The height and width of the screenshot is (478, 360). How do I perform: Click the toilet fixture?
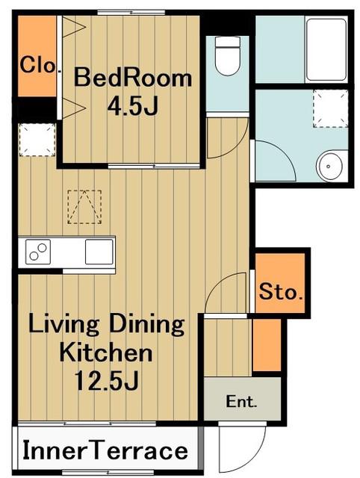pyautogui.click(x=227, y=55)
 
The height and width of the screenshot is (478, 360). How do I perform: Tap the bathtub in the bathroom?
pyautogui.click(x=326, y=49)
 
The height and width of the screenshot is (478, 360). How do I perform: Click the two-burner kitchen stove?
pyautogui.click(x=38, y=252)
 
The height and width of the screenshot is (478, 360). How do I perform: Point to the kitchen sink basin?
pyautogui.click(x=99, y=252)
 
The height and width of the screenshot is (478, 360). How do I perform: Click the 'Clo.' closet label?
pyautogui.click(x=38, y=65)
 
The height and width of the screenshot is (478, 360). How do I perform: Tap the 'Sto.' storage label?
pyautogui.click(x=281, y=292)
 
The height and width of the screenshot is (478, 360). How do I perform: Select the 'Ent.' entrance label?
pyautogui.click(x=241, y=402)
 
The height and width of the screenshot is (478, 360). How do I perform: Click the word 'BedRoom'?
pyautogui.click(x=133, y=78)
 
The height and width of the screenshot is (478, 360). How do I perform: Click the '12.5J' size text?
pyautogui.click(x=106, y=381)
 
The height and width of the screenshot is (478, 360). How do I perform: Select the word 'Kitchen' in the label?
pyautogui.click(x=106, y=353)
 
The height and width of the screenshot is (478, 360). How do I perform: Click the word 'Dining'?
pyautogui.click(x=146, y=326)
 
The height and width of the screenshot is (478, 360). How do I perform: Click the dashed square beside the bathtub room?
pyautogui.click(x=330, y=108)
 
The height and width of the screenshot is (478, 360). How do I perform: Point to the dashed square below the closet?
pyautogui.click(x=37, y=140)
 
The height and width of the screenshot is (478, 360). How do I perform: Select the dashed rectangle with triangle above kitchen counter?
pyautogui.click(x=84, y=207)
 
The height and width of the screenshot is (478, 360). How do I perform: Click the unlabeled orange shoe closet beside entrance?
pyautogui.click(x=267, y=345)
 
